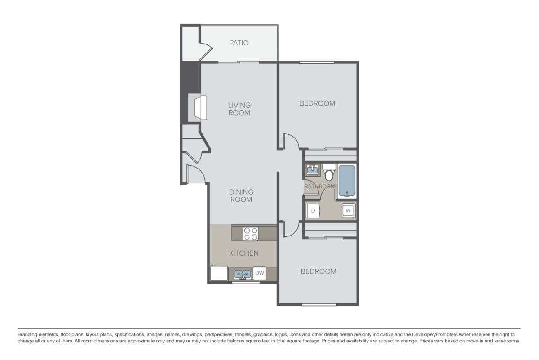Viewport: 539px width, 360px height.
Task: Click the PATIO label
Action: coord(239,43)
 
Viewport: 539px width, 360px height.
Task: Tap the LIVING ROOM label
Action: coord(239,109)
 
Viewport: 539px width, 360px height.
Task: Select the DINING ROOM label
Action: coord(241,196)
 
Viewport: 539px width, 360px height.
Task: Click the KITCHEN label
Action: coord(244,253)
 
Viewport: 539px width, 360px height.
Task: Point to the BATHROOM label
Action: coord(320,187)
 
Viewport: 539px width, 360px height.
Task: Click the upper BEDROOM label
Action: coord(317,103)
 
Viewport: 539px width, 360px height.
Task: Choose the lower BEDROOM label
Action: coord(318,271)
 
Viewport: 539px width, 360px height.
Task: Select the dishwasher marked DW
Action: coord(259,273)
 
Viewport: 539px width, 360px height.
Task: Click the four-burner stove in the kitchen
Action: coord(251,234)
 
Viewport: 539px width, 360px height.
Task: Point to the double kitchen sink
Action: coord(242,273)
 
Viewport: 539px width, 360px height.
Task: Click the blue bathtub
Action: coord(347,182)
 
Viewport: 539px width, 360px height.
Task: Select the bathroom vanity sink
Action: coord(312,170)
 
